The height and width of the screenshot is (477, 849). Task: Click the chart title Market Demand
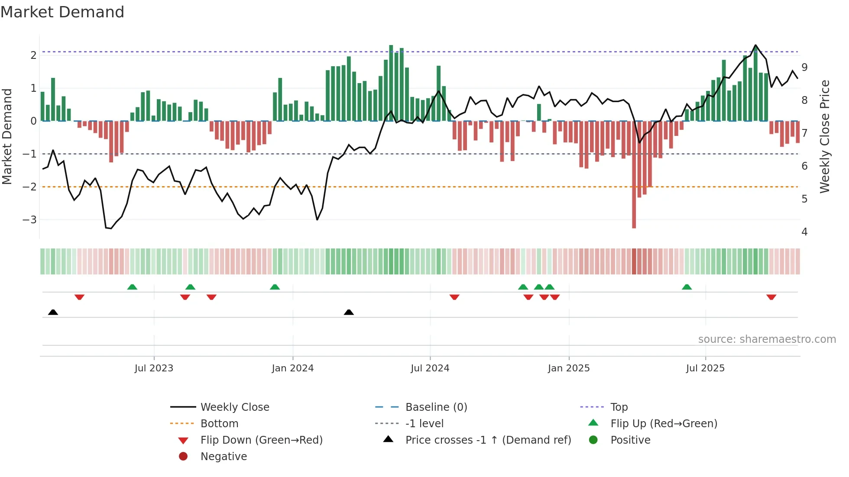pos(62,12)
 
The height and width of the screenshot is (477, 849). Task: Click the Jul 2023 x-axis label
pos(154,368)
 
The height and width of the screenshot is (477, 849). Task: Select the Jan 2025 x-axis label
pos(568,368)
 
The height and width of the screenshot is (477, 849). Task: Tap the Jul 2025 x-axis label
pos(705,368)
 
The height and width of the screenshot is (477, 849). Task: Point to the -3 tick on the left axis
pos(30,220)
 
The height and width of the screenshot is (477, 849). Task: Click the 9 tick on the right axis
pos(804,68)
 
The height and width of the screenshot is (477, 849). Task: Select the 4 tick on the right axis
pos(804,232)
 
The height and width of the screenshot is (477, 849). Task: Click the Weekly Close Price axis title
pos(825,136)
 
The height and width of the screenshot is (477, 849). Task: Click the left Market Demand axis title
pos(7,136)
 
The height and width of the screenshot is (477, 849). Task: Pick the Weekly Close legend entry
pos(234,407)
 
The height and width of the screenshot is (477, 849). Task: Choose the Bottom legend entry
pos(219,424)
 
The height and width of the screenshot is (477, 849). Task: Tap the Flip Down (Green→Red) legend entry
pos(261,440)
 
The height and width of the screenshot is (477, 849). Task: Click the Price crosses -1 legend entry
pos(488,440)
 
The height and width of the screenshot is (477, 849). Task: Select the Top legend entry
pos(619,407)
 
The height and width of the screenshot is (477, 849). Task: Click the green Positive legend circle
pos(593,440)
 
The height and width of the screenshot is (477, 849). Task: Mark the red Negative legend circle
pos(183,457)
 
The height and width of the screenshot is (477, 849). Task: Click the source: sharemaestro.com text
pos(767,339)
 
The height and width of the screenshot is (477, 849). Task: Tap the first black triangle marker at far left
pos(53,312)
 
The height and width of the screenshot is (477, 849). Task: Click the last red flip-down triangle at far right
pos(771,297)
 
